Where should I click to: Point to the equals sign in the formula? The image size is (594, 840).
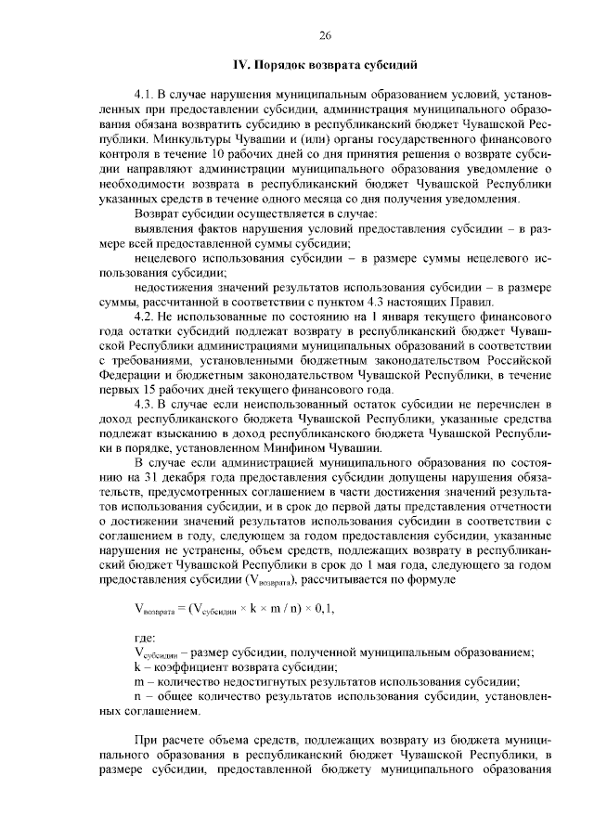(179, 607)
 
